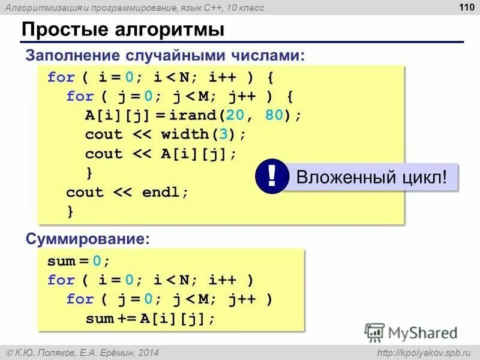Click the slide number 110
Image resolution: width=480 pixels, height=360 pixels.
(x=463, y=8)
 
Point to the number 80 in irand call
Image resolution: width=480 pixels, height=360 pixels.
(x=274, y=115)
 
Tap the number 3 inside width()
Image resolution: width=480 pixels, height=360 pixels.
(x=232, y=134)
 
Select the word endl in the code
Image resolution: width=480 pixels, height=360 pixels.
(x=161, y=193)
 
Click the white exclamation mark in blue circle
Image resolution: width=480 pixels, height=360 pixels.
(x=272, y=178)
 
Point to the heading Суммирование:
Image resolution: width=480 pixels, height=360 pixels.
(x=87, y=239)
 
